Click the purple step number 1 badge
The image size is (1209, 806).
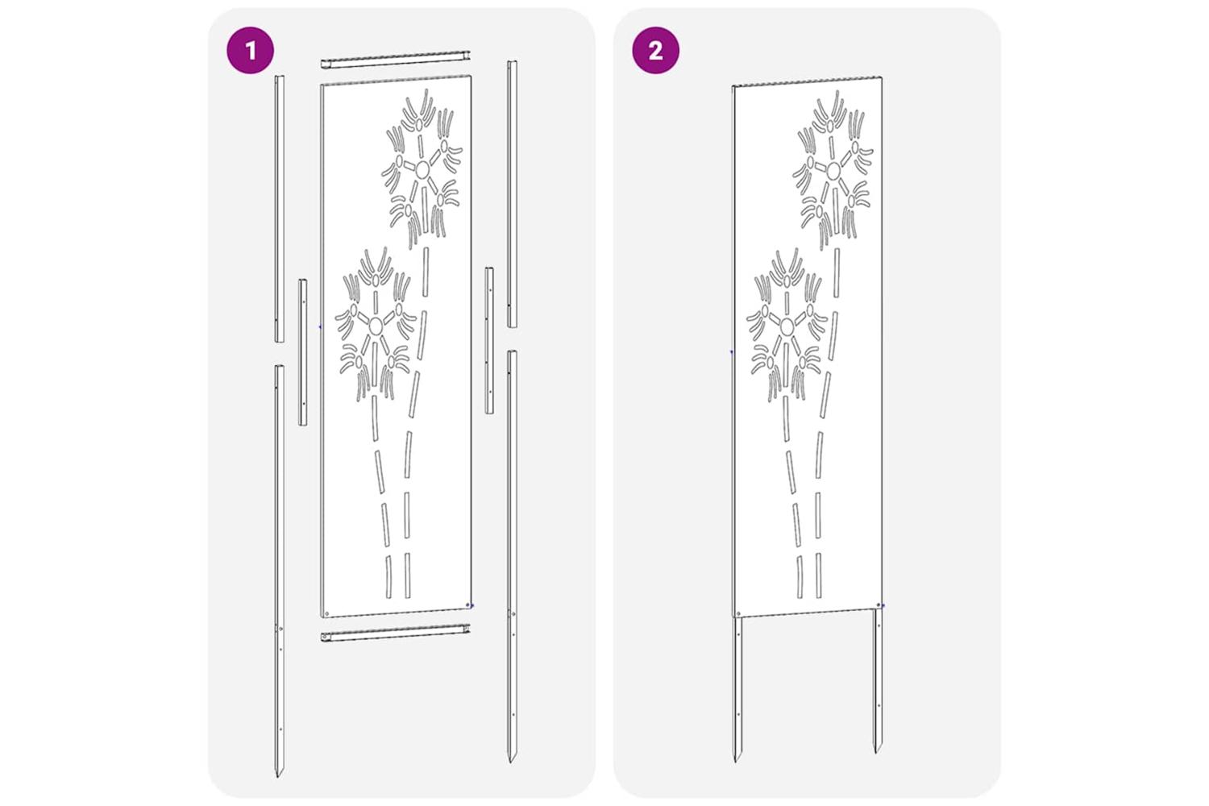[250, 50]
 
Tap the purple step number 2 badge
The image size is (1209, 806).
[656, 50]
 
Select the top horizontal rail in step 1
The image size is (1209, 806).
[396, 60]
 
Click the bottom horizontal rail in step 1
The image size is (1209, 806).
[396, 633]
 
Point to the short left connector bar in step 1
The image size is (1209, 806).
[303, 352]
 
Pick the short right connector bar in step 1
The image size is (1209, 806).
[489, 340]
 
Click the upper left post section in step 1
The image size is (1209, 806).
[279, 209]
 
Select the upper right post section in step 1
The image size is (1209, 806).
[512, 193]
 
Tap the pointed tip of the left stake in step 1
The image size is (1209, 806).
[279, 776]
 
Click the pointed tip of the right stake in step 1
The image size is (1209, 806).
[510, 761]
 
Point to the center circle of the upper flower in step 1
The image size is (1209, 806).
[422, 170]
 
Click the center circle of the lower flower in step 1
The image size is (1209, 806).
[375, 325]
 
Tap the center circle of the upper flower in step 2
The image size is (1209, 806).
[833, 171]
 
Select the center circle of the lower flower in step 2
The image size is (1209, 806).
[787, 326]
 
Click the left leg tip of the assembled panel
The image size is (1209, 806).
[735, 760]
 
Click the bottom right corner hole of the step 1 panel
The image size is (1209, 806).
[467, 605]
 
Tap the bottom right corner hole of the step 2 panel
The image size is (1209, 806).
[879, 605]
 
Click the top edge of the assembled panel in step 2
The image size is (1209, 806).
[808, 81]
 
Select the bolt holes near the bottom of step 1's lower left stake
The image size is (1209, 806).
[280, 679]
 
